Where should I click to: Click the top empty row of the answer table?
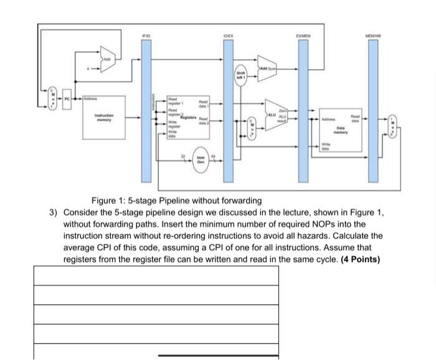[156, 275]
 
